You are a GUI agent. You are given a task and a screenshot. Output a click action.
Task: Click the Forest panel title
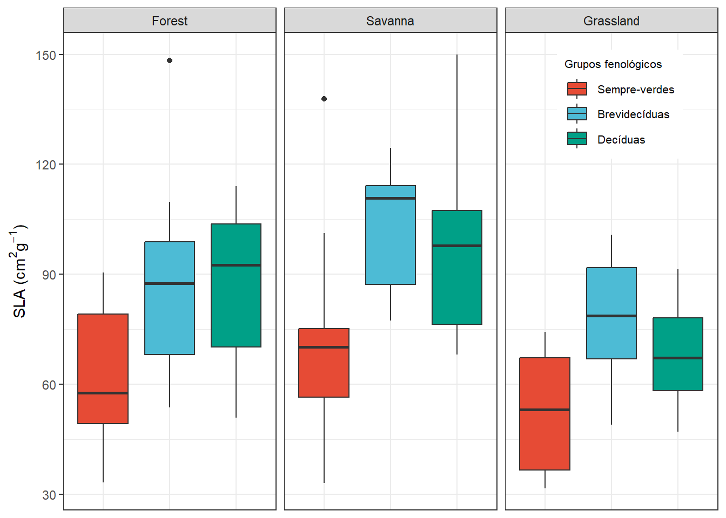pyautogui.click(x=170, y=21)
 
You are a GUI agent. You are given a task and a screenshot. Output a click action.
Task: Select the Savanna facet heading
pyautogui.click(x=390, y=21)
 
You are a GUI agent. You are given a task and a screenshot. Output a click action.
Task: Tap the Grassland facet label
pyautogui.click(x=611, y=21)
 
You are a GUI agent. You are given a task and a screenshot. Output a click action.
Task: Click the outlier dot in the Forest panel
pyautogui.click(x=170, y=60)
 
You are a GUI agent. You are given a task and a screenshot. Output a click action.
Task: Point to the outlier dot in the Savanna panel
pyautogui.click(x=324, y=99)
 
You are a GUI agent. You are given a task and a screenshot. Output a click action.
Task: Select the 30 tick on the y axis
pyautogui.click(x=49, y=495)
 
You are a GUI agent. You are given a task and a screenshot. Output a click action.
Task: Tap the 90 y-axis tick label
pyautogui.click(x=49, y=275)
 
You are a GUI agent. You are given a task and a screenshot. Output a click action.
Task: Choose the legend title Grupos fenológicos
pyautogui.click(x=613, y=64)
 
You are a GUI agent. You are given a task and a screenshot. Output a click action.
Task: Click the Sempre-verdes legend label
pyautogui.click(x=635, y=90)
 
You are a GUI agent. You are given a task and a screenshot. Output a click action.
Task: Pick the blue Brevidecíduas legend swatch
pyautogui.click(x=577, y=114)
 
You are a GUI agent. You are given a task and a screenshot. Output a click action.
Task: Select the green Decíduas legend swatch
pyautogui.click(x=577, y=139)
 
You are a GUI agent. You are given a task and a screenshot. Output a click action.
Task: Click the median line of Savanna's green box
pyautogui.click(x=457, y=246)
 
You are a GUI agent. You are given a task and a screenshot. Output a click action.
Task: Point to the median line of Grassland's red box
pyautogui.click(x=544, y=410)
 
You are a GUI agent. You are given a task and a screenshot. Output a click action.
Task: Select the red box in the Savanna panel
pyautogui.click(x=324, y=372)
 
